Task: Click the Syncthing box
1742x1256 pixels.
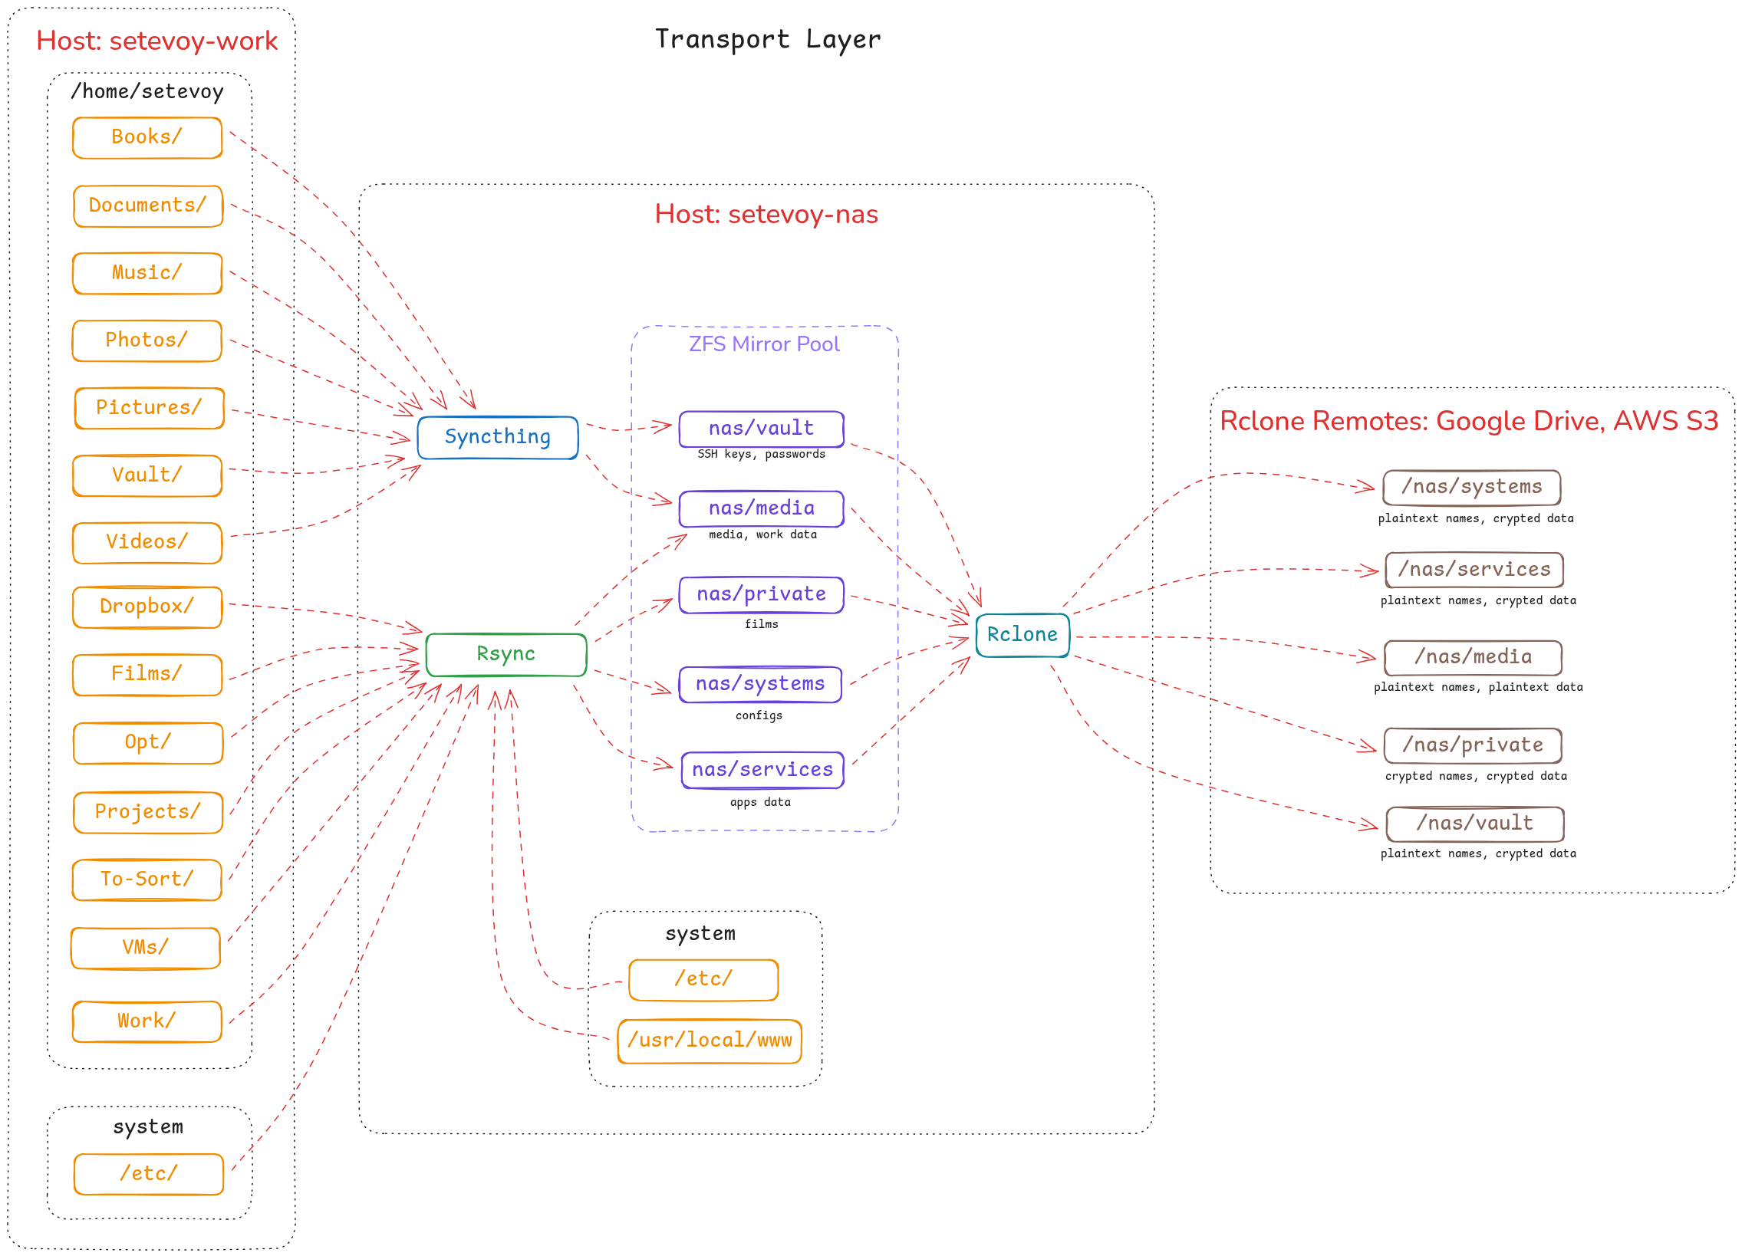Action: [497, 438]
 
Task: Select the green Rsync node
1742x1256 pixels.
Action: [505, 654]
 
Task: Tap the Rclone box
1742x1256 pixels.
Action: [1022, 635]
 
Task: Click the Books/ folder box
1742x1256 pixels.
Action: [147, 137]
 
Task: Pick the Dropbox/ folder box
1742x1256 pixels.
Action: [147, 607]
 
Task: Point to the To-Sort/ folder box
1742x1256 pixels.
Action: [147, 879]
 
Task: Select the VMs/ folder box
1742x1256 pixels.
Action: [145, 948]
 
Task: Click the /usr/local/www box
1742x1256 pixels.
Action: [709, 1041]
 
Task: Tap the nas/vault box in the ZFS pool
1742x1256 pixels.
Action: [760, 429]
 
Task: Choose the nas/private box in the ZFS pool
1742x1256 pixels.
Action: [760, 594]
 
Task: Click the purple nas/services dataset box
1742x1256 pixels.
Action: [762, 770]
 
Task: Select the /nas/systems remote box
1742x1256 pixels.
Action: [1471, 487]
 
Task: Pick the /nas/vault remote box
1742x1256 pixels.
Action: [1474, 823]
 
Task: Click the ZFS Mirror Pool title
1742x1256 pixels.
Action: [764, 344]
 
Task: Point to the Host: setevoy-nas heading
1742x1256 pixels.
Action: [766, 214]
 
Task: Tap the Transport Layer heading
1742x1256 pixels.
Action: [767, 39]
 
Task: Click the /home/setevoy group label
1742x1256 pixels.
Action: [147, 91]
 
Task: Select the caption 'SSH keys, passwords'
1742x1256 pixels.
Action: [760, 455]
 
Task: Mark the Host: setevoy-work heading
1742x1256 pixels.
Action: [156, 41]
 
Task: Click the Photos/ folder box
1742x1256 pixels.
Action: [147, 340]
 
